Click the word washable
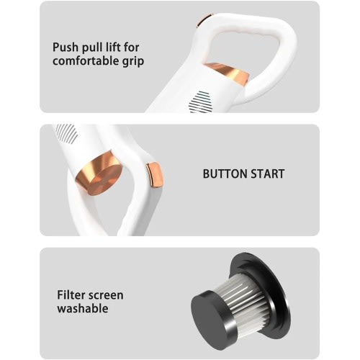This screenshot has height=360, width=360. coord(83,308)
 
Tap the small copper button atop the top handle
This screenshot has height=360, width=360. coord(204,19)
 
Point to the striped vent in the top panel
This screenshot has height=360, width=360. coord(201,102)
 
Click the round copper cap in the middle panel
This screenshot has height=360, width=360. coord(99,174)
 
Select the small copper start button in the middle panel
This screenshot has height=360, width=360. coord(155,175)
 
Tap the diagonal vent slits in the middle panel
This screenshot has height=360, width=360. coord(67,132)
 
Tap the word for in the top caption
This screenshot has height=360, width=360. coord(132,47)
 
